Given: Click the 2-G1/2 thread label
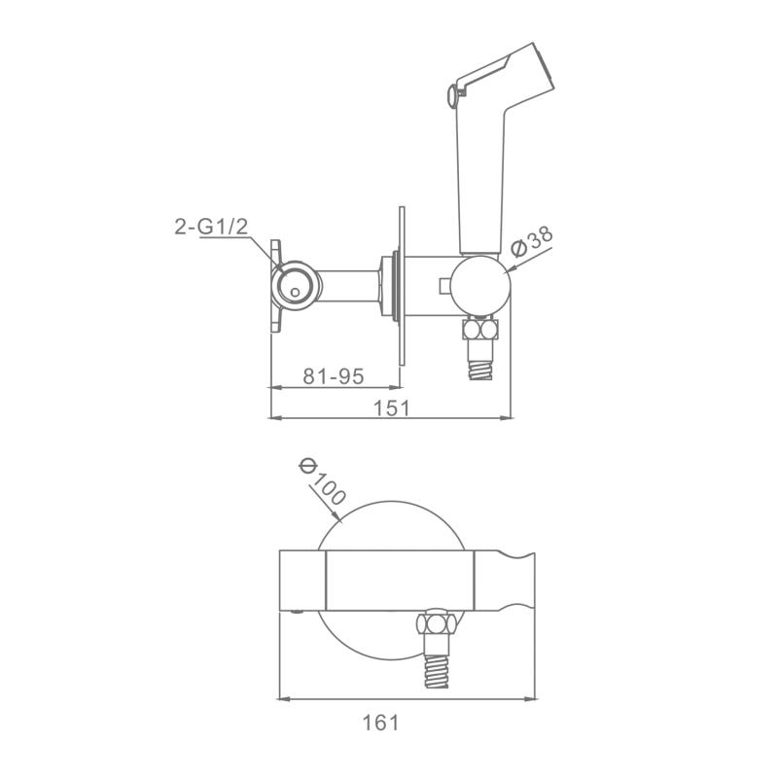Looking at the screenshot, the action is click(x=211, y=228).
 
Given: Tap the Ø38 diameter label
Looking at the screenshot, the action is click(x=531, y=241).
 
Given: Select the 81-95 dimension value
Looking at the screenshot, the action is click(x=334, y=376).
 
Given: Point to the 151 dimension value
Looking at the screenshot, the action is click(x=392, y=407).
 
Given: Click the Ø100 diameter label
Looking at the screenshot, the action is click(x=322, y=481).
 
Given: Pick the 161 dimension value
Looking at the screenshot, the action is click(x=380, y=723).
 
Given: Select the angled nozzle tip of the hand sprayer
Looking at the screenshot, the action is click(x=543, y=70).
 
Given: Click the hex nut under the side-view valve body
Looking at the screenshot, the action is click(x=479, y=330).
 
